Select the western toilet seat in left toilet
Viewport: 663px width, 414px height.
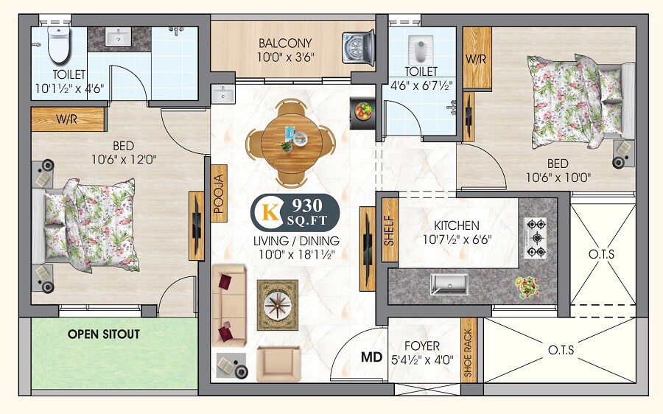pyautogui.click(x=57, y=47)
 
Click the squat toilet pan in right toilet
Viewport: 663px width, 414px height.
pyautogui.click(x=418, y=50)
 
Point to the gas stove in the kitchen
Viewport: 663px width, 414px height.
pyautogui.click(x=536, y=237)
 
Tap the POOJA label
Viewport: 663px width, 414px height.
pyautogui.click(x=218, y=193)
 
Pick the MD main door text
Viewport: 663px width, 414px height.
pyautogui.click(x=371, y=358)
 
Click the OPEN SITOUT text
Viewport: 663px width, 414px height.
pyautogui.click(x=104, y=334)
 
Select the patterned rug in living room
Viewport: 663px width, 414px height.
pyautogui.click(x=277, y=305)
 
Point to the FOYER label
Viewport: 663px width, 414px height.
pyautogui.click(x=422, y=345)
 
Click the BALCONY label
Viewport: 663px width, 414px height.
pyautogui.click(x=284, y=43)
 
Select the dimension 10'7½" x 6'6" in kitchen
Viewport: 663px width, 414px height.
pyautogui.click(x=456, y=239)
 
